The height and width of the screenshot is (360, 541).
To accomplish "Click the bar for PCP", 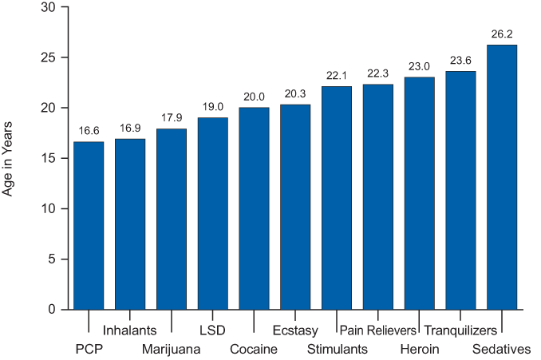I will coord(89,225).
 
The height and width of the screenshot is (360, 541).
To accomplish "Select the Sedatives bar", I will coord(502,176).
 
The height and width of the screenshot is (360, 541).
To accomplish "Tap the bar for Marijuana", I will coord(172,219).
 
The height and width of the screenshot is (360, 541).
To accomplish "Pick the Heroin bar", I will coord(419,192).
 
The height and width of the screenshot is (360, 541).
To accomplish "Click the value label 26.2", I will coord(502,35).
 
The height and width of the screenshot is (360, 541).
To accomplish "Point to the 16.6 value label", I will coord(89,132).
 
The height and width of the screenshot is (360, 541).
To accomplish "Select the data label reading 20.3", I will coord(295,95).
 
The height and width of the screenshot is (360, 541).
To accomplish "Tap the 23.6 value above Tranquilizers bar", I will coord(460,61).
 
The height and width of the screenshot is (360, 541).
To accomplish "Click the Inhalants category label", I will coord(129,330).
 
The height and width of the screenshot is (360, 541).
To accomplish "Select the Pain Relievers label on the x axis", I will coord(378,330).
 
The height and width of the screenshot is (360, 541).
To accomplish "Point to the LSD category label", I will coord(212,330).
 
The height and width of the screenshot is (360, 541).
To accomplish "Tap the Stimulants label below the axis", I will coord(338,350).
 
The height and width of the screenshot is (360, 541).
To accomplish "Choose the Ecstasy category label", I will coord(295,330).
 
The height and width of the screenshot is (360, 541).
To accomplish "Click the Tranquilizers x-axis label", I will coord(461,330).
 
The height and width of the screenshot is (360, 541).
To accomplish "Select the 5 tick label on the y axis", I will coord(51,259).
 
